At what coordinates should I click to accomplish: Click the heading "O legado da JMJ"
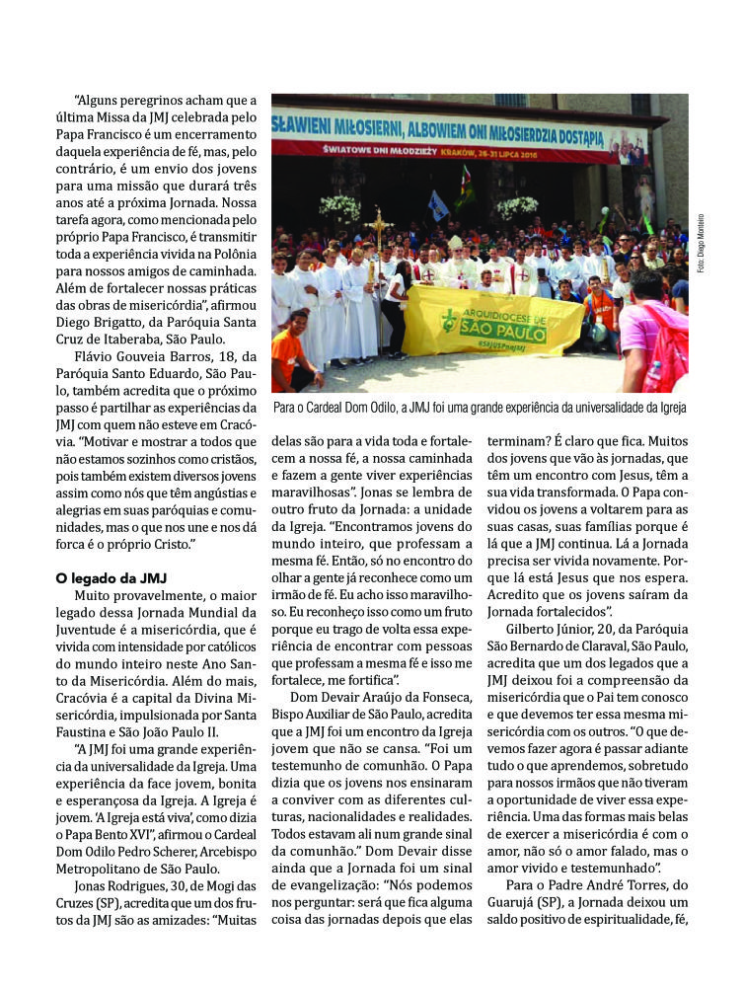[x=115, y=577]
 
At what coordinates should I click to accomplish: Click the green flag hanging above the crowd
[x=465, y=189]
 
